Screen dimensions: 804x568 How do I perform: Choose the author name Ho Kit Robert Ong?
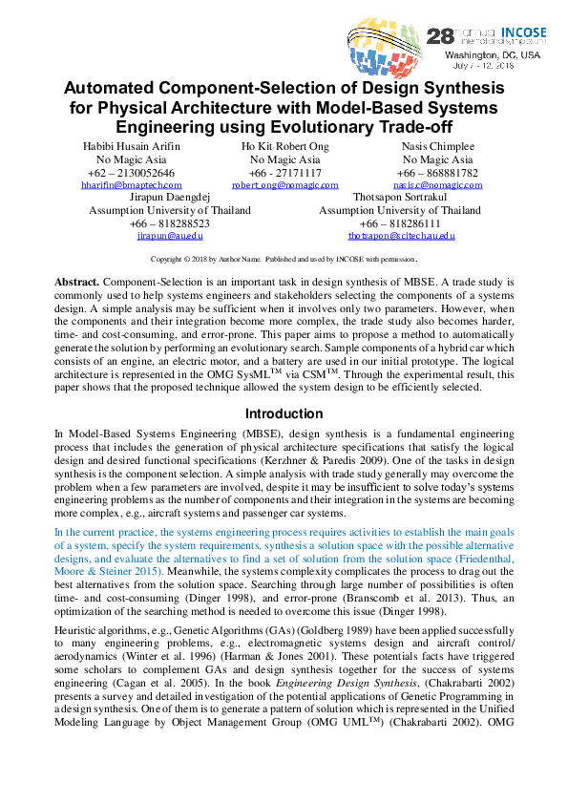click(284, 145)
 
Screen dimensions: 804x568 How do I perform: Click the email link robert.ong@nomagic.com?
click(284, 185)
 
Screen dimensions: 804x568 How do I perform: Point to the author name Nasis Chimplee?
click(437, 145)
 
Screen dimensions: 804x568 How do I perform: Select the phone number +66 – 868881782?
click(437, 172)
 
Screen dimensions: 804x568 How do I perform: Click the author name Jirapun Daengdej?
click(163, 197)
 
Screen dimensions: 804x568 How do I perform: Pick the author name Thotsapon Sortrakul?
click(400, 197)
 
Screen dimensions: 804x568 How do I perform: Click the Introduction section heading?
click(284, 413)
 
